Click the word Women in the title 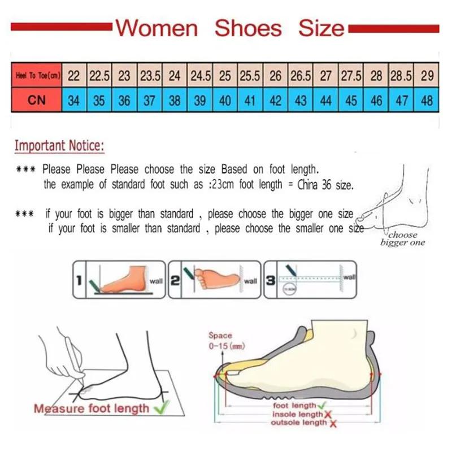click(157, 28)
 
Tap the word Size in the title click(321, 28)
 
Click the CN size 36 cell click(124, 101)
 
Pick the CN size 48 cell click(427, 101)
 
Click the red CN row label click(36, 101)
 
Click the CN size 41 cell click(250, 101)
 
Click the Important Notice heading click(59, 146)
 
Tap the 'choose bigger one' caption click(402, 238)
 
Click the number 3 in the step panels click(271, 279)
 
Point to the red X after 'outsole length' click(333, 423)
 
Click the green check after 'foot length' click(321, 405)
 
